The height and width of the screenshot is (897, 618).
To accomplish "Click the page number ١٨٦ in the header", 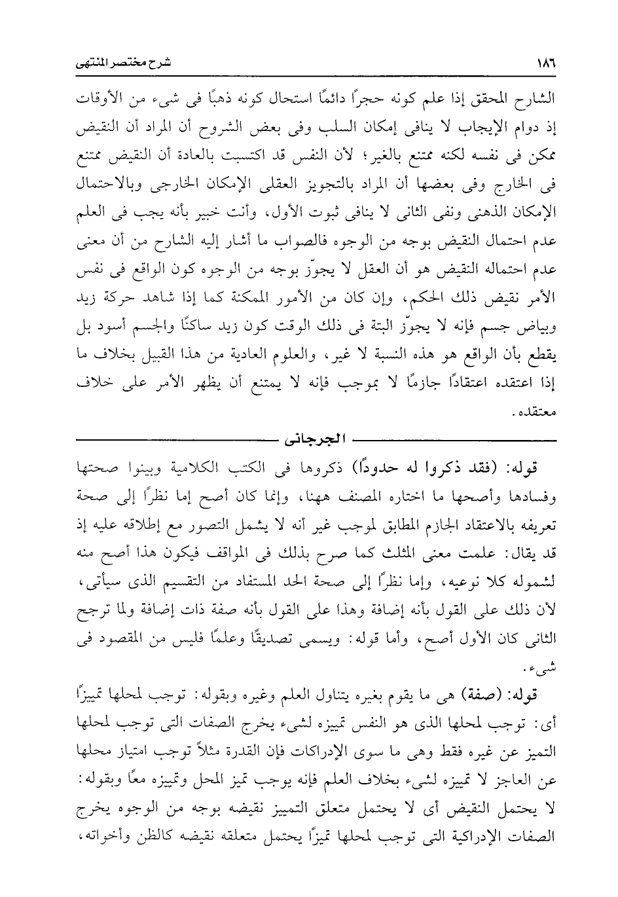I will pyautogui.click(x=543, y=64).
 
